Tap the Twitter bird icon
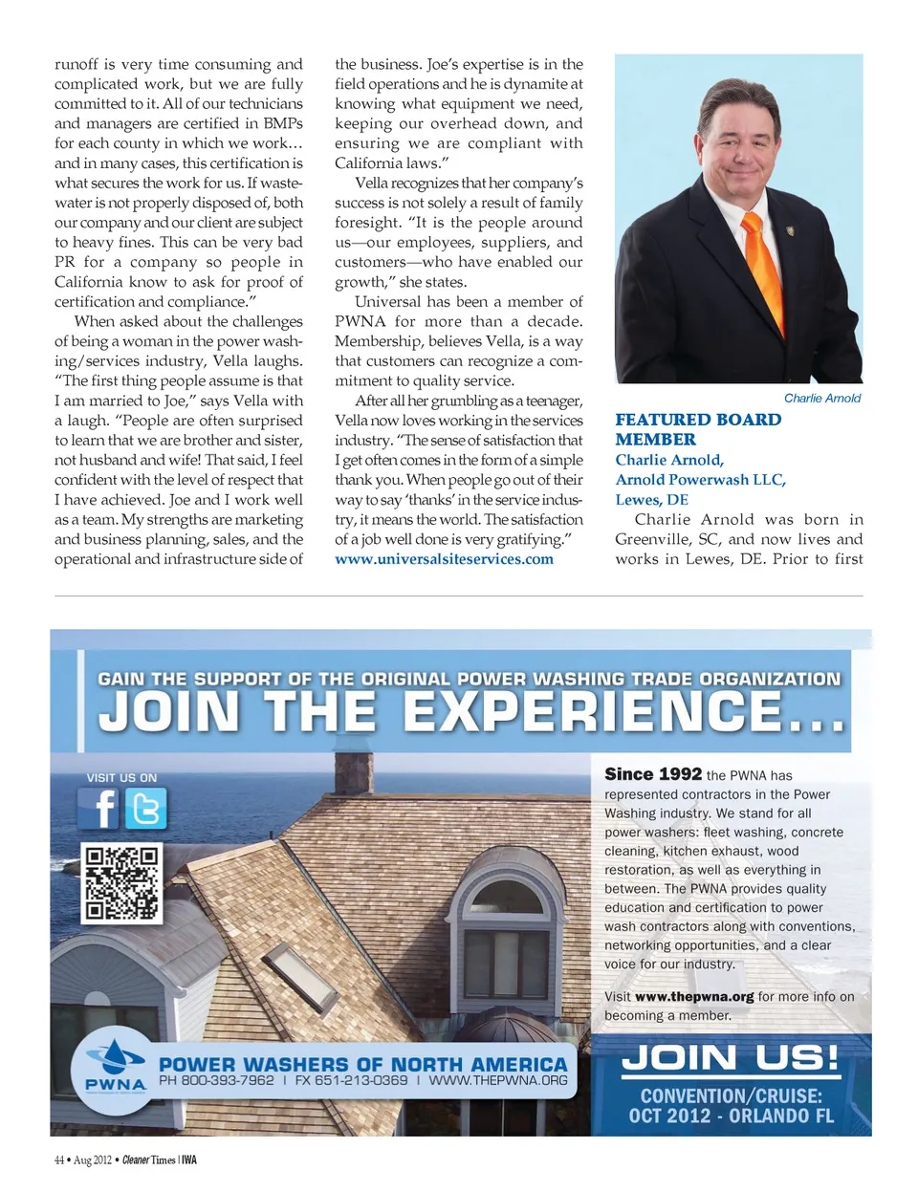pos(146,809)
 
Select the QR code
pos(121,882)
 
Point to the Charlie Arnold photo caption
pos(821,398)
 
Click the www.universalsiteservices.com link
pos(444,559)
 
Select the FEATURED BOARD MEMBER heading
pos(697,429)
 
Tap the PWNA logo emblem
pos(116,1062)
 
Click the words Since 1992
pos(653,774)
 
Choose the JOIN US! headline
pos(731,1058)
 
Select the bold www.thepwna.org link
pos(694,996)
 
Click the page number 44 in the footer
pos(59,1160)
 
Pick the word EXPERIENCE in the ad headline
pos(592,712)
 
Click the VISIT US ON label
pos(121,778)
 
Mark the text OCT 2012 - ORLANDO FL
pos(731,1116)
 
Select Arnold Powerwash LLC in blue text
pos(700,480)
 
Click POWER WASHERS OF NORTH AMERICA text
pos(363,1064)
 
